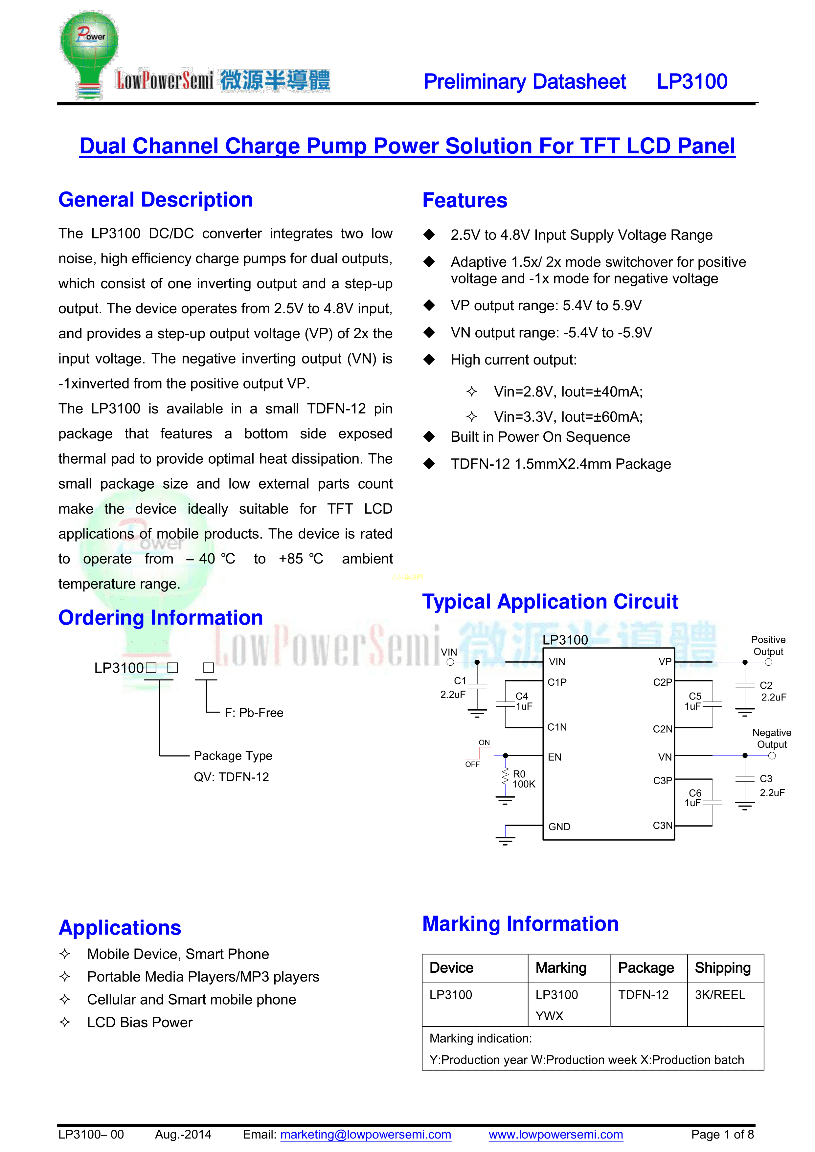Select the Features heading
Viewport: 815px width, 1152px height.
pyautogui.click(x=465, y=200)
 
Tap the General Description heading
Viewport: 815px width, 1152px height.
pyautogui.click(x=156, y=200)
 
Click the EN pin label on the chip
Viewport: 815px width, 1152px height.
pyautogui.click(x=555, y=757)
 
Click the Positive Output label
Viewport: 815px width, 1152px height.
pyautogui.click(x=768, y=645)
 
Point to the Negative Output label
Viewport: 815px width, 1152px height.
pyautogui.click(x=771, y=738)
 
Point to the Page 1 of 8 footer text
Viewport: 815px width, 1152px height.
pyautogui.click(x=722, y=1135)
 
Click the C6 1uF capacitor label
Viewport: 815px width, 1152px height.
pyautogui.click(x=694, y=798)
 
